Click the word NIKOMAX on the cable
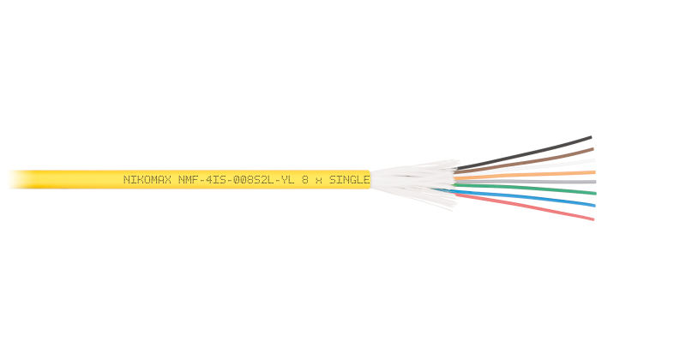coord(147,180)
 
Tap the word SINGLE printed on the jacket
coord(349,180)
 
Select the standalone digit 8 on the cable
coord(305,180)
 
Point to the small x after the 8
coord(318,181)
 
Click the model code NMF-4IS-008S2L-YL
coord(236,180)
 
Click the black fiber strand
coord(524,153)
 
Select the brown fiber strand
coord(524,160)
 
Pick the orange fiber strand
coord(525,175)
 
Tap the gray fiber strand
coord(525,182)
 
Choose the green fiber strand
coord(525,189)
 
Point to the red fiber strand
coord(525,207)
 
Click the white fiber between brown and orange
coord(525,166)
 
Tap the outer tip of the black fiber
coord(591,137)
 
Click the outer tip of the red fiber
coord(593,219)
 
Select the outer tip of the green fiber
coord(595,193)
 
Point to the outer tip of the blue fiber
coord(594,205)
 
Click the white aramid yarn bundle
coord(413,183)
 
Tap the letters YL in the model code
coord(288,180)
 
